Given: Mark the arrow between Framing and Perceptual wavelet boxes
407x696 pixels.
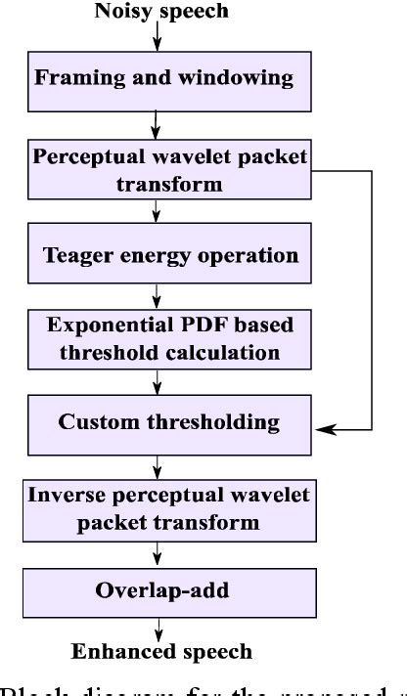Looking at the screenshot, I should point(156,124).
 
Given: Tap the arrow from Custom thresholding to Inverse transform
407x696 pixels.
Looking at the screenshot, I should point(156,464).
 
